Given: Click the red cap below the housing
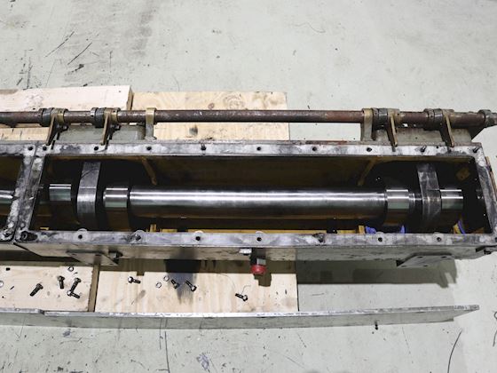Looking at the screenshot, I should coord(258,267).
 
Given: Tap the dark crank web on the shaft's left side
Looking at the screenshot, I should coord(89,195).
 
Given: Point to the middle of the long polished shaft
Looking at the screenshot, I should coord(257,202).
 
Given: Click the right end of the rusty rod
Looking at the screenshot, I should coord(489,117).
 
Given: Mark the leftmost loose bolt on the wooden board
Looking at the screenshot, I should coord(35,289).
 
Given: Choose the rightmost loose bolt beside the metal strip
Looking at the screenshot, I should coord(241,297).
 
